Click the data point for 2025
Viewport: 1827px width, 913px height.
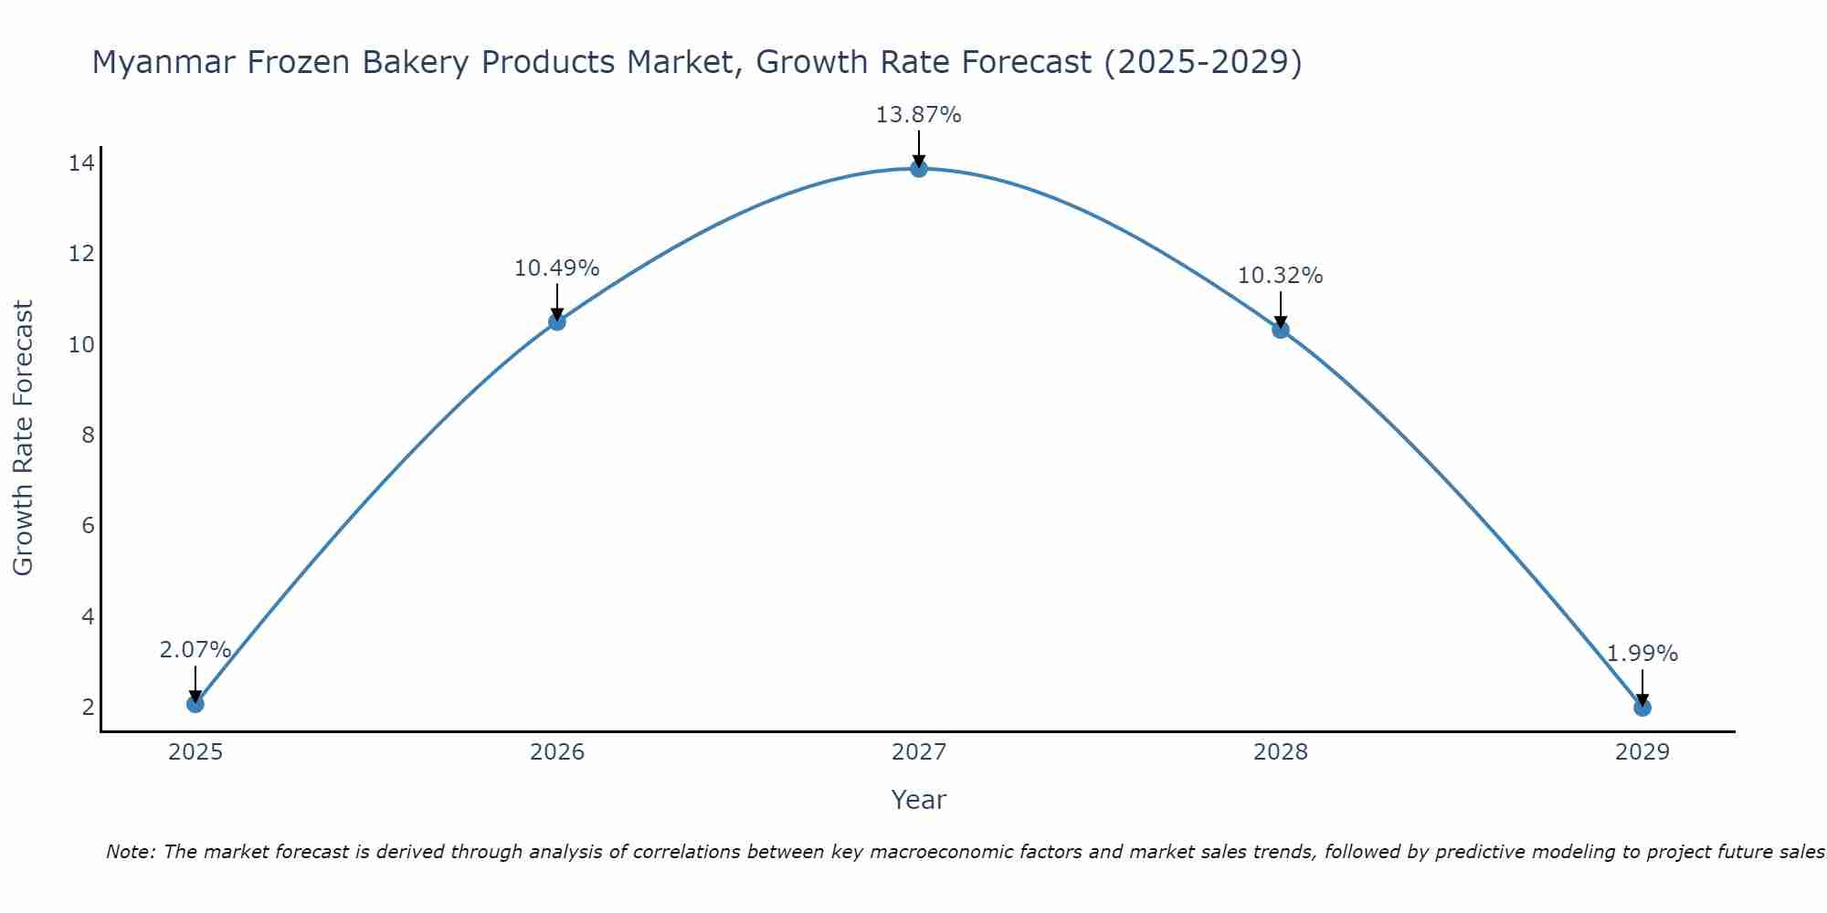tap(195, 704)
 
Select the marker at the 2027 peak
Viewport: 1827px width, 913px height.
tap(919, 168)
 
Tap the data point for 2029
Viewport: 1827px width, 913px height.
tap(1642, 708)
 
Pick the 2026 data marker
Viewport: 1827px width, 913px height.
tap(557, 321)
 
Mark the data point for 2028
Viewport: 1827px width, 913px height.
tap(1281, 330)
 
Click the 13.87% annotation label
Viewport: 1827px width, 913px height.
tap(918, 115)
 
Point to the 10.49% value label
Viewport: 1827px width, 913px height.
tap(556, 268)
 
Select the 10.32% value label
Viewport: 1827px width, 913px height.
tap(1280, 276)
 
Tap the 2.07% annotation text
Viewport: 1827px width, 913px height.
tap(195, 650)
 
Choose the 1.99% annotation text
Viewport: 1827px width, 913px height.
tap(1642, 654)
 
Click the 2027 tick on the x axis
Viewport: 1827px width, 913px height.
tap(918, 752)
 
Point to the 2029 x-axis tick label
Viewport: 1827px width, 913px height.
tap(1642, 752)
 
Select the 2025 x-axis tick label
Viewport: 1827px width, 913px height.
tap(195, 752)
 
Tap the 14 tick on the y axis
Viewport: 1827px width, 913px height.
tap(81, 163)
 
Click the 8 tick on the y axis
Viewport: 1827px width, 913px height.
tap(88, 436)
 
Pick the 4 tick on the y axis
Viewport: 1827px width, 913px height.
tap(88, 616)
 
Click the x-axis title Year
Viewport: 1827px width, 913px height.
tap(918, 800)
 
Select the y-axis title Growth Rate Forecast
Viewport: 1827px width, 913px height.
tap(23, 438)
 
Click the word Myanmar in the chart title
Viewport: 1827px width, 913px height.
tap(157, 62)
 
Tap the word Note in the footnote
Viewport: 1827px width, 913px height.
tap(131, 852)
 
